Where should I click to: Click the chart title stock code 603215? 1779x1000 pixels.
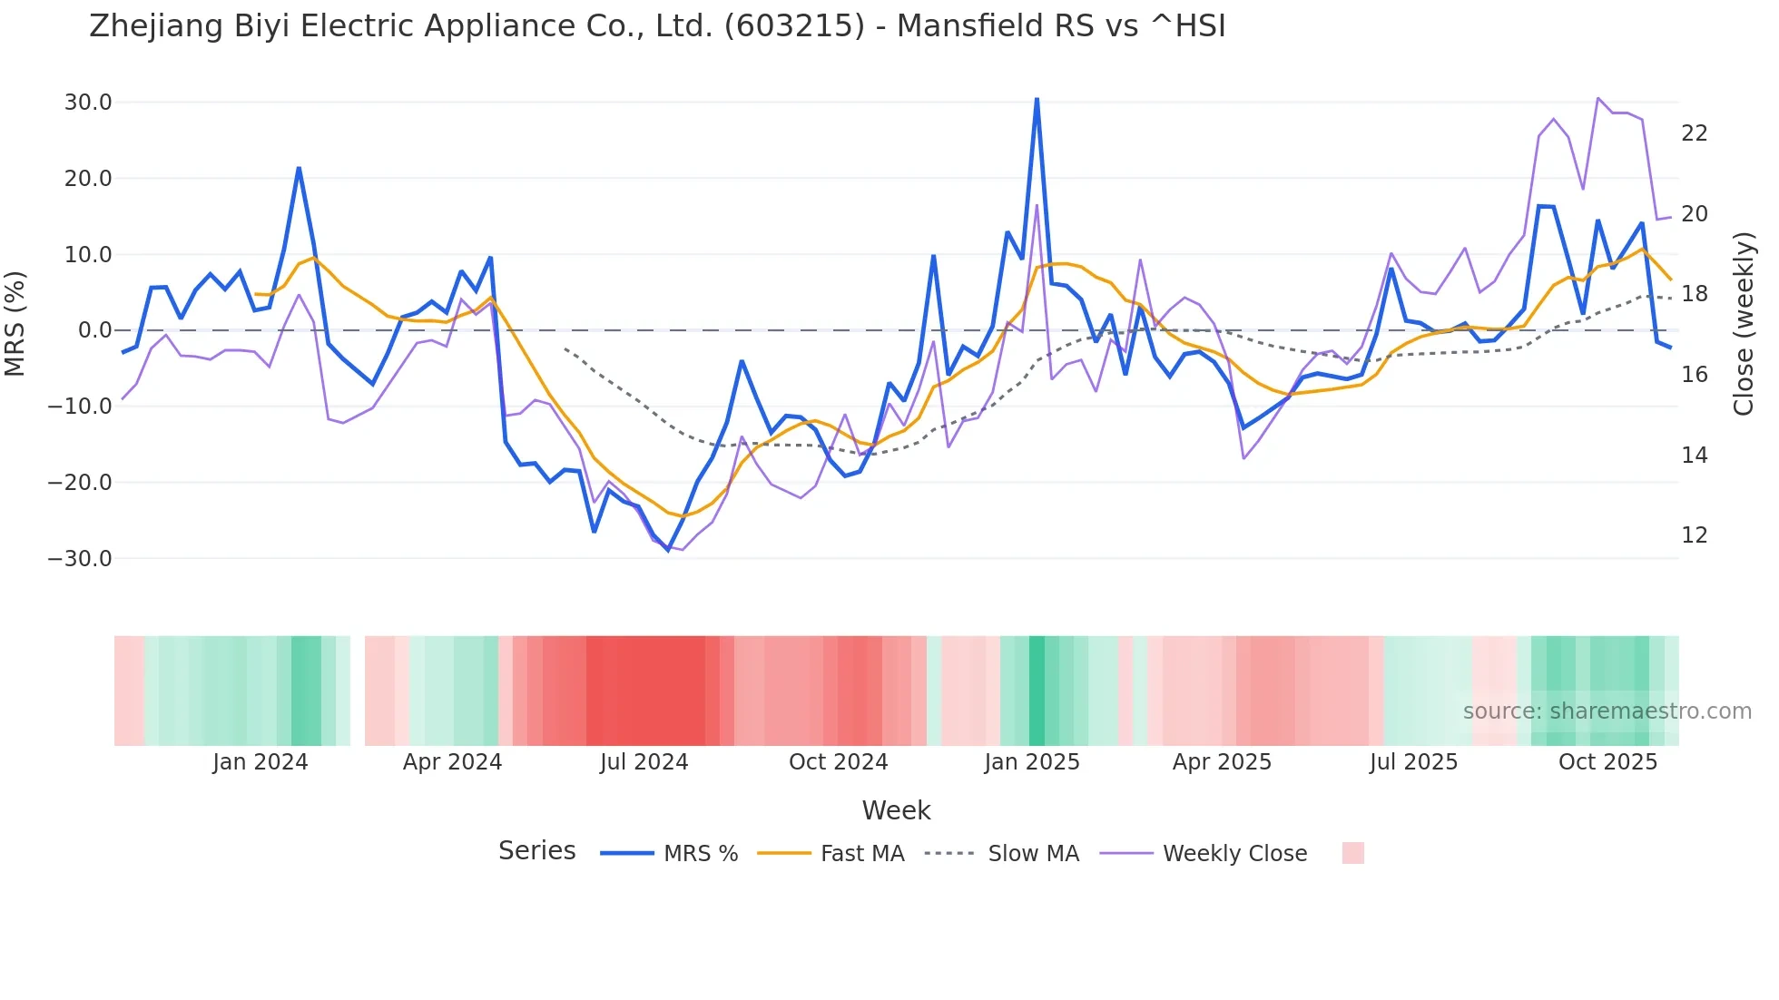click(794, 26)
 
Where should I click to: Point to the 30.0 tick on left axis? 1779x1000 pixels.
click(88, 103)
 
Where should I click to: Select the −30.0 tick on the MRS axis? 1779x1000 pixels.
click(80, 559)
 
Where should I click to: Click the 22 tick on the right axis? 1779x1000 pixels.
click(1694, 133)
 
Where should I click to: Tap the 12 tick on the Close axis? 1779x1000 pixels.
click(1694, 535)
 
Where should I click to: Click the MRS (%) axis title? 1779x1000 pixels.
click(15, 324)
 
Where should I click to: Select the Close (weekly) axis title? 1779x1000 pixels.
click(1743, 324)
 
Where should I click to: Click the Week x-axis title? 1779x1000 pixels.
click(896, 810)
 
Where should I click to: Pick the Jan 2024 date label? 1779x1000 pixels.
click(260, 762)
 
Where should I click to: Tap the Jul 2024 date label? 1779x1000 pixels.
click(644, 762)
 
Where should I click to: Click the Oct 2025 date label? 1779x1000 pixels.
click(1607, 762)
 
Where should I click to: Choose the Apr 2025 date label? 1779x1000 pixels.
click(1222, 762)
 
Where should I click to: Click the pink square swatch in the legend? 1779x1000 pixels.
click(1352, 853)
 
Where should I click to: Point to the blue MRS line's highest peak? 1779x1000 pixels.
click(1037, 99)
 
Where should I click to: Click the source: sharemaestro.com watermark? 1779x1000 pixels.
click(1607, 711)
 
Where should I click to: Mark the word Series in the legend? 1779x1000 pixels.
click(536, 851)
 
